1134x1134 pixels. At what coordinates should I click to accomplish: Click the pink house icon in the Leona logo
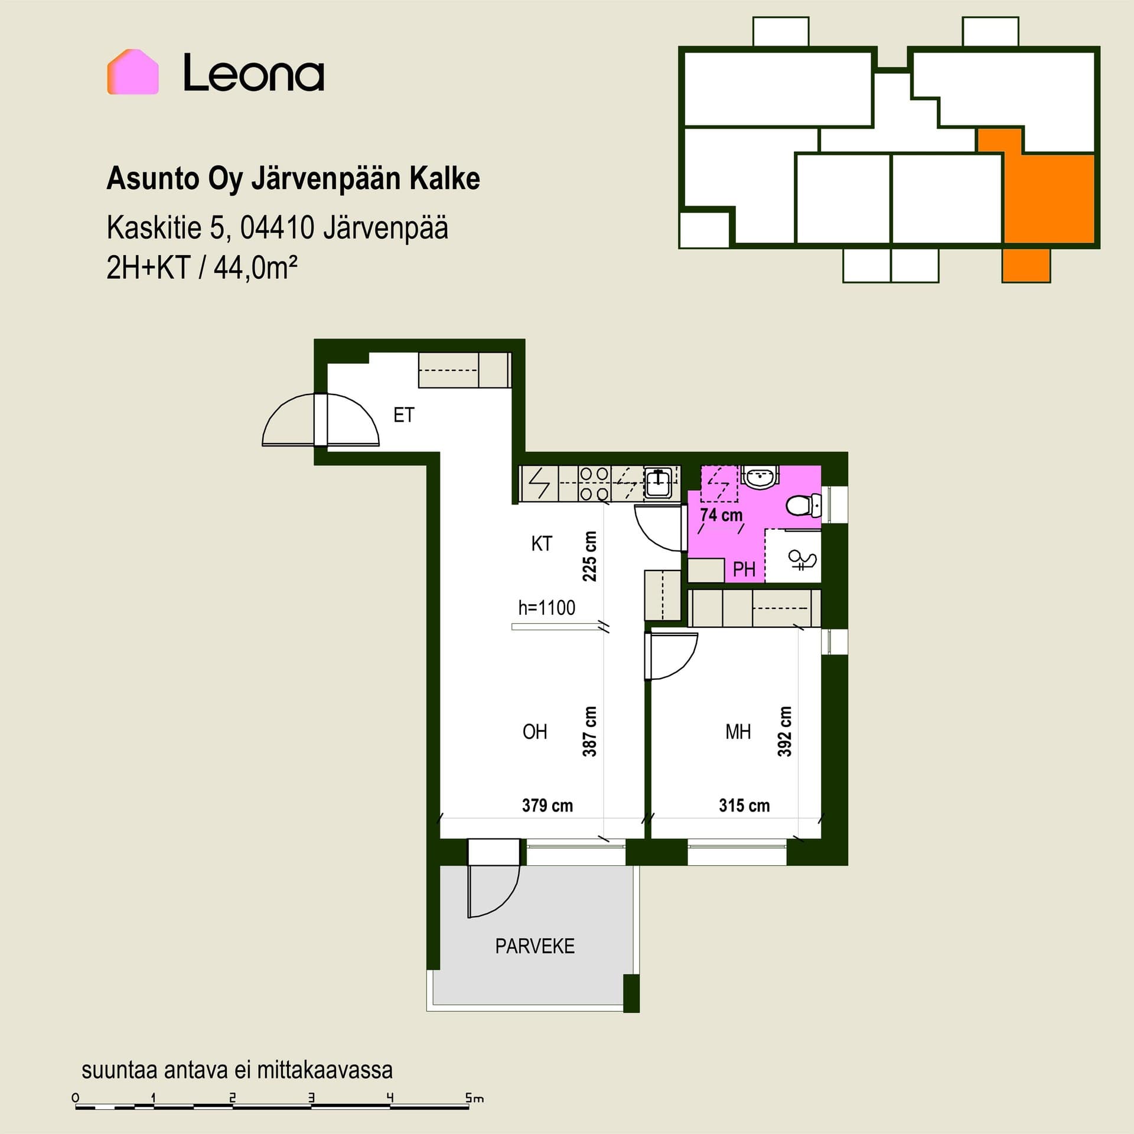point(133,71)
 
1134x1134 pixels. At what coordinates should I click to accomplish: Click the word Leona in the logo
point(253,73)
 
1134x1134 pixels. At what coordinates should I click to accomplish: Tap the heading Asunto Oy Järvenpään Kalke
point(293,179)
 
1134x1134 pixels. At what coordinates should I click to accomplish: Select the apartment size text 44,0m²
point(255,268)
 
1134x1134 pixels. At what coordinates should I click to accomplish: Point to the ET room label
point(404,415)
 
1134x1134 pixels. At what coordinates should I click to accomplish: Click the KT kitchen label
point(542,543)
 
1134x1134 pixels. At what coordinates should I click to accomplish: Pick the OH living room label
point(535,732)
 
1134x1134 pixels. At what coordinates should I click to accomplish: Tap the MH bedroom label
point(738,732)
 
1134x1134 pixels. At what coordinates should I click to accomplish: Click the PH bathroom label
point(744,569)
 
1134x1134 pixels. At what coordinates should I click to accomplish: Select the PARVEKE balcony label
point(535,946)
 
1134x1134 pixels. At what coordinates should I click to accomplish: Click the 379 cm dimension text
point(548,806)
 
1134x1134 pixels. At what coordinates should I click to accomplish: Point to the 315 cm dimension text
point(744,806)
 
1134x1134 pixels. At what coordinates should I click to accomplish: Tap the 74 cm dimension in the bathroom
point(721,515)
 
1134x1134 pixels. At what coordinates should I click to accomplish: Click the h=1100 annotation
point(547,608)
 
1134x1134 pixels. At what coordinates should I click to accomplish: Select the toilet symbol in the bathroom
point(803,506)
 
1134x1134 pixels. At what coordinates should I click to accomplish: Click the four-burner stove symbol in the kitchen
point(594,484)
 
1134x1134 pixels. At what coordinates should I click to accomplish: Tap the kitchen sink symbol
point(657,484)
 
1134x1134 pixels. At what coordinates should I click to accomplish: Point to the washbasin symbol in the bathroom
point(760,477)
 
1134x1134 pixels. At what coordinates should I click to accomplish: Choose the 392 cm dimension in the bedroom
point(784,731)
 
